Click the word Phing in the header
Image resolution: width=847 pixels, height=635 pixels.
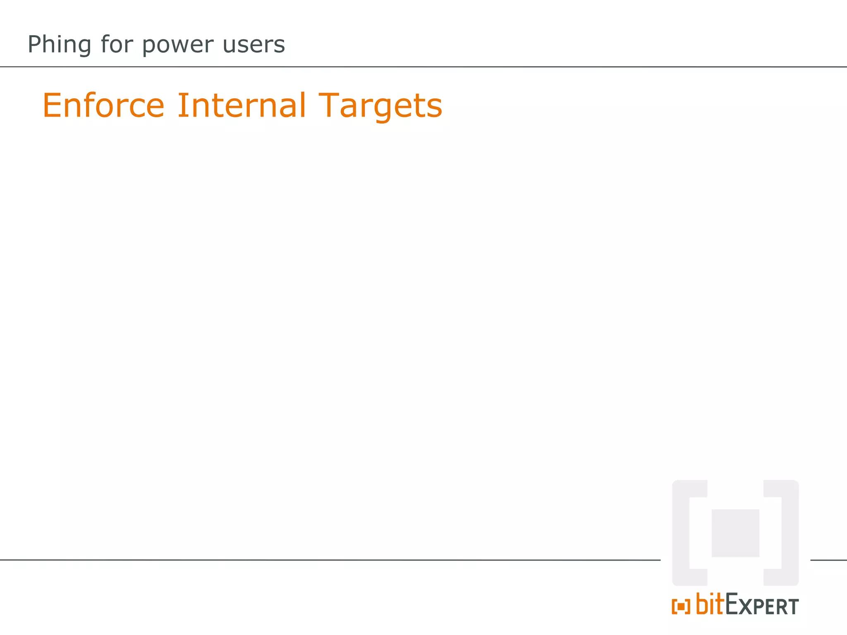(59, 45)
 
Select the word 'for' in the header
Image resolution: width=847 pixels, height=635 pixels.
(117, 44)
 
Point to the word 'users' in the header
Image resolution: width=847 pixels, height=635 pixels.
(254, 45)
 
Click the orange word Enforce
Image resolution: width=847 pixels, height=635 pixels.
(103, 105)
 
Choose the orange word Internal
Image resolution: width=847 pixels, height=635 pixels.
(242, 105)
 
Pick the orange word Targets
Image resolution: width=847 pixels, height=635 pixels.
(380, 106)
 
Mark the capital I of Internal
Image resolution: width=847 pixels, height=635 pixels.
(181, 105)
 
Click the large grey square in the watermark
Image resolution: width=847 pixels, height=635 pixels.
(735, 533)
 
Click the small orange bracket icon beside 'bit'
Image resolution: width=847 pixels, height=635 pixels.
(681, 607)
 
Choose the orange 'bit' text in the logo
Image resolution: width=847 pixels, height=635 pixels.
(710, 604)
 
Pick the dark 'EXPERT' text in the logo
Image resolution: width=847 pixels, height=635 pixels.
(762, 606)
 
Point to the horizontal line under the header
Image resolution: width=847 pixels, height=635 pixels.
(423, 67)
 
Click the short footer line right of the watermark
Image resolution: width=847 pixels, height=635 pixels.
(828, 560)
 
